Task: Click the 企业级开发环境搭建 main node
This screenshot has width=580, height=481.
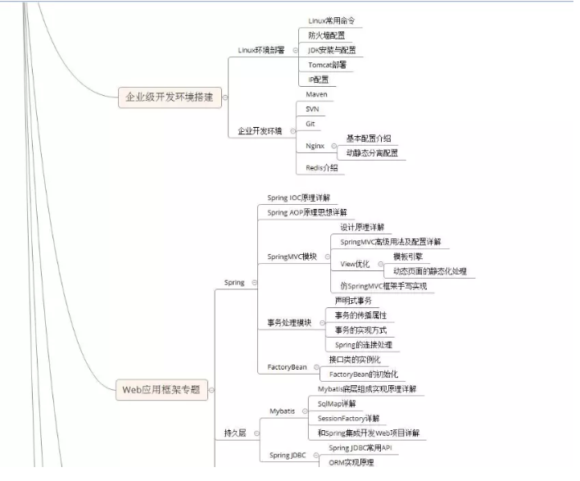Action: point(169,98)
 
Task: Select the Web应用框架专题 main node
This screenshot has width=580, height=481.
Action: point(161,389)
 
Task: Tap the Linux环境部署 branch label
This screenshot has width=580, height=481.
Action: point(261,50)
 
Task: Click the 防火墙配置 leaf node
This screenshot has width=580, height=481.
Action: point(326,35)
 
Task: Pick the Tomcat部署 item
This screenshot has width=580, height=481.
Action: point(327,64)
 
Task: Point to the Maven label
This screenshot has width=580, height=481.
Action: point(316,95)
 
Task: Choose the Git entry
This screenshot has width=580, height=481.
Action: point(310,124)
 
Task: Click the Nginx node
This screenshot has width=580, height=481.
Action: point(315,146)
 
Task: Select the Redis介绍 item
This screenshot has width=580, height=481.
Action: point(321,167)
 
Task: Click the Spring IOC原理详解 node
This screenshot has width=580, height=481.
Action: point(299,198)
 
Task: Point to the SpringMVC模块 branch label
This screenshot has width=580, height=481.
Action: point(292,256)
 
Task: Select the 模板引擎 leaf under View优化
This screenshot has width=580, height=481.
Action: point(409,256)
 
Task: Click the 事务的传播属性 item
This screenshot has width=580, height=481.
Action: point(360,315)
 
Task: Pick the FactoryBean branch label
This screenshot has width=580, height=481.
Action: point(288,367)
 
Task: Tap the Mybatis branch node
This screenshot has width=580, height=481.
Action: point(282,411)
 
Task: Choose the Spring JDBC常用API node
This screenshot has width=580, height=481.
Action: point(361,448)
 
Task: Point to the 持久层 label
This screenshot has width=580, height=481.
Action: point(235,433)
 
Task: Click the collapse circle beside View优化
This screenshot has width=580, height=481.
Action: point(378,264)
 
